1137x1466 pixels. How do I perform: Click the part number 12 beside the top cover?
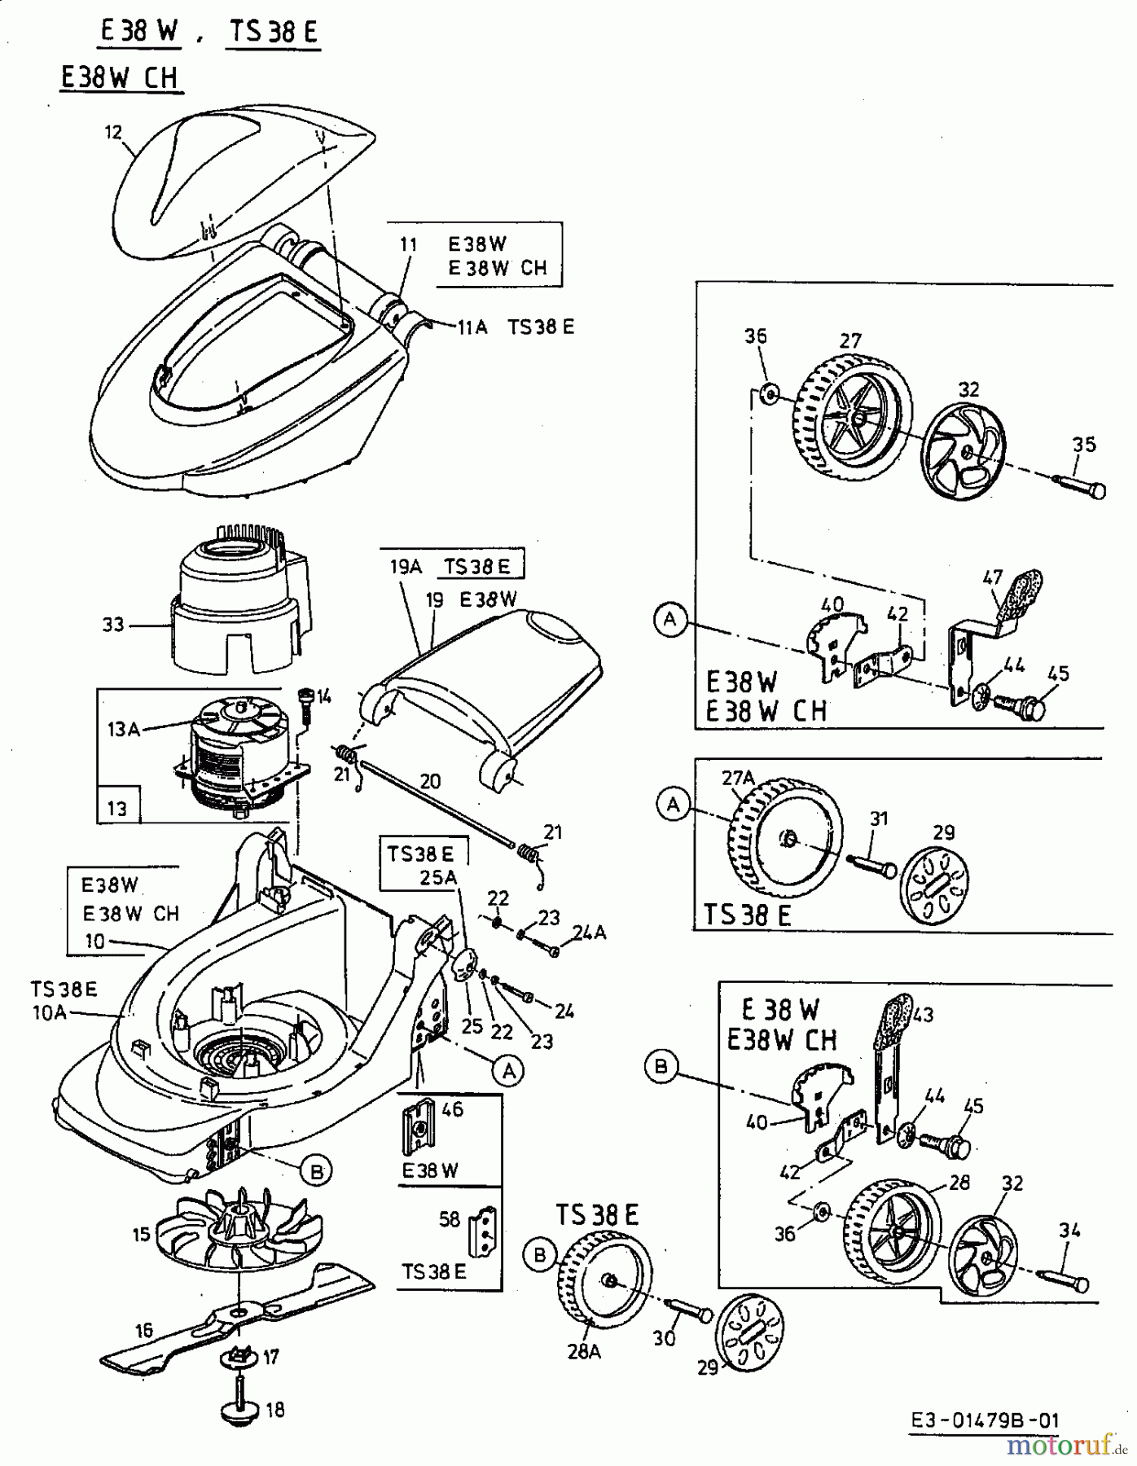point(113,132)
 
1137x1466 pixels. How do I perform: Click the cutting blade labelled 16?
point(236,1318)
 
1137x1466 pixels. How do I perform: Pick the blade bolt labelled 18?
point(242,1409)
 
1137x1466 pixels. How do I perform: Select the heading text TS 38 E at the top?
point(273,32)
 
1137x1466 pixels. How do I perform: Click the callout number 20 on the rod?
point(430,781)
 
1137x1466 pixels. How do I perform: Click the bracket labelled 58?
point(485,1231)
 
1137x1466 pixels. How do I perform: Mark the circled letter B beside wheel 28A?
point(539,1255)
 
